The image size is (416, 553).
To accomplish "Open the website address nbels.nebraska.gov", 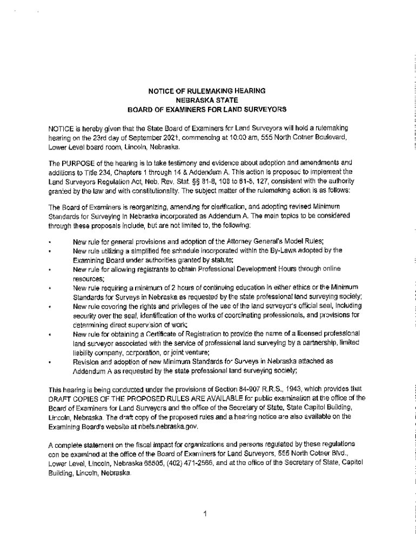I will click(164, 426).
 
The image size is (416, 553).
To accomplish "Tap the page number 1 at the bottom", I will click(206, 514).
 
